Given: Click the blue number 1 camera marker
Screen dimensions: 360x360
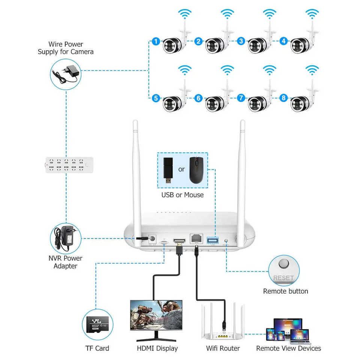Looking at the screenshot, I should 156,41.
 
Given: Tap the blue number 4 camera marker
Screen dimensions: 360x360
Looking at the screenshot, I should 283,41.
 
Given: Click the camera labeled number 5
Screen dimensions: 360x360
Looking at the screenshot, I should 173,103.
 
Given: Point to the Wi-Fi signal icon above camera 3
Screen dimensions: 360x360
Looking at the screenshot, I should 269,14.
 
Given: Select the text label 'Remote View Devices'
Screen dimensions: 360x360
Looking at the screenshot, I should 288,348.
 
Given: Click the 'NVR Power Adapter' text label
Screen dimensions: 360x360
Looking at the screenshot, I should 66,262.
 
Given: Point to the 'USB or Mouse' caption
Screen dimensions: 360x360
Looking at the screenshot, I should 183,195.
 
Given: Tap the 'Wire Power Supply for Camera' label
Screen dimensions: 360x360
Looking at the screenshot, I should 66,48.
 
